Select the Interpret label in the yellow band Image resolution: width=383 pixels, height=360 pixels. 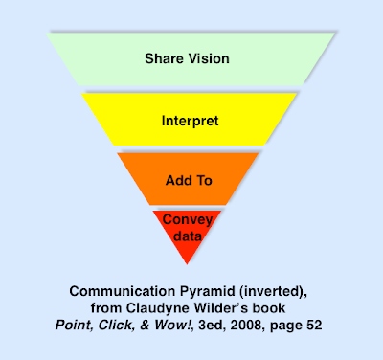coord(191,122)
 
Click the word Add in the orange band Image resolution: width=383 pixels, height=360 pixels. coord(179,180)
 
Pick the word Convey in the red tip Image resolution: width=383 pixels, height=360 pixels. coord(188,219)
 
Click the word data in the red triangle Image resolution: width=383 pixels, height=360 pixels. coord(188,236)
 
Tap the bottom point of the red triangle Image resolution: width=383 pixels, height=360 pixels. coord(189,265)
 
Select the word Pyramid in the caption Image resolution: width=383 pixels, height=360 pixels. coord(203,290)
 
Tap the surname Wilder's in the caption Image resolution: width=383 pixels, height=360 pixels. coord(237,306)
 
